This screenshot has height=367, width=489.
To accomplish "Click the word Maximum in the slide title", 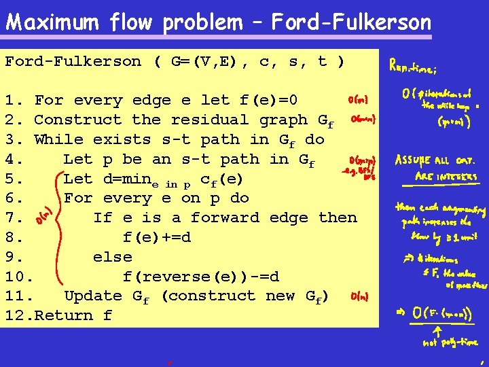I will (46, 22).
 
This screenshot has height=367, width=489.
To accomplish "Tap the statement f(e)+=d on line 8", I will (157, 238).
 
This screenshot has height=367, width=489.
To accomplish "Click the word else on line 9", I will (113, 258).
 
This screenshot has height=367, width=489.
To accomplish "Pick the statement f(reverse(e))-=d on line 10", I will (201, 277).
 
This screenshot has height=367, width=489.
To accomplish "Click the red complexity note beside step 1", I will (358, 99).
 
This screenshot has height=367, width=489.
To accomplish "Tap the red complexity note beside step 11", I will (359, 296).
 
